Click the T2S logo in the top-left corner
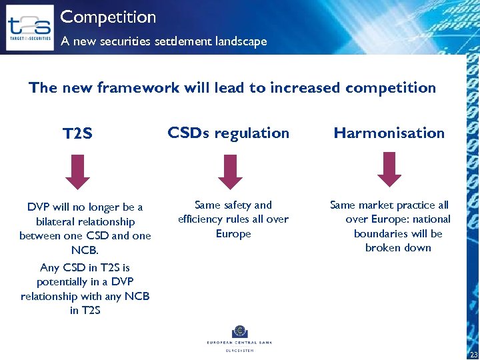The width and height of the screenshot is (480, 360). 29,27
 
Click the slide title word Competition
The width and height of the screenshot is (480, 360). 108,17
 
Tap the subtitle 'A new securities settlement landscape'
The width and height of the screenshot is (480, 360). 163,41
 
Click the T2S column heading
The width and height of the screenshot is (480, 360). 77,134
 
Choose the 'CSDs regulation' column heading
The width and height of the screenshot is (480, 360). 229,133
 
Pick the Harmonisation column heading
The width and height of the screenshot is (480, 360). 389,133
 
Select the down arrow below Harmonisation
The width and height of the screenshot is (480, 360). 389,170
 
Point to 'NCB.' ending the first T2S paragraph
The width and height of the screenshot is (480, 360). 85,250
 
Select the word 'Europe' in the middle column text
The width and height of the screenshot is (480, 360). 233,234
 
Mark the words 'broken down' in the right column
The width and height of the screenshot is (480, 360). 398,248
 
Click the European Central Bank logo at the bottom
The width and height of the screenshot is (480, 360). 239,337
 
